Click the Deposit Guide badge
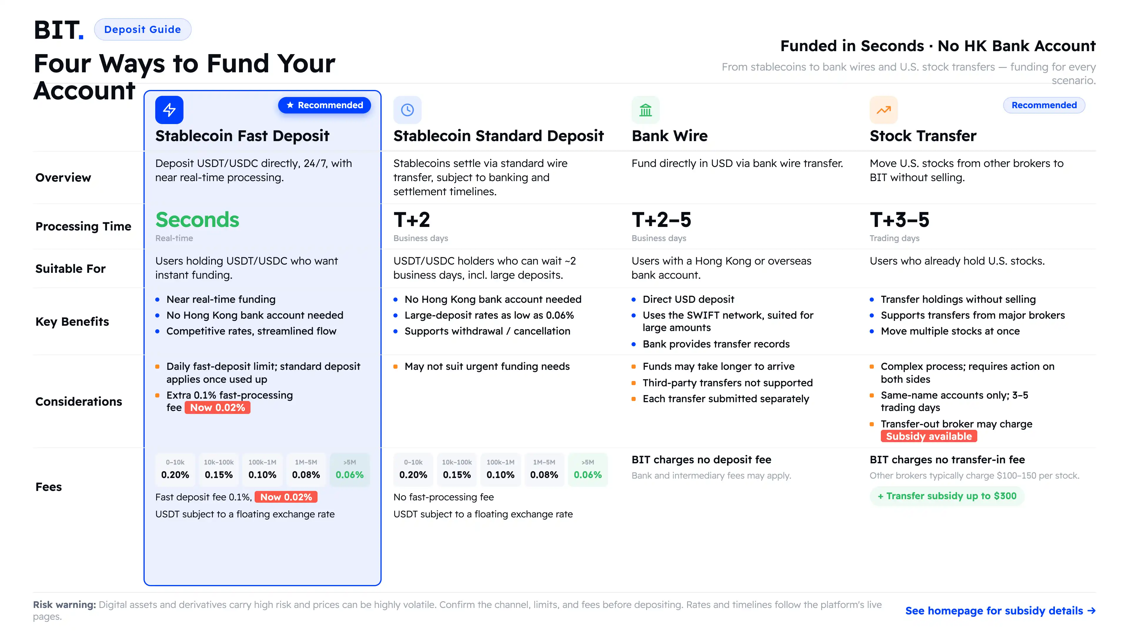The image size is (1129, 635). point(142,29)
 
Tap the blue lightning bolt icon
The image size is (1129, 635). point(169,110)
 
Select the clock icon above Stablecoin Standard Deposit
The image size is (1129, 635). point(407,110)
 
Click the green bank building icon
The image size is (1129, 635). point(646,110)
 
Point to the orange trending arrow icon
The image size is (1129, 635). point(884,110)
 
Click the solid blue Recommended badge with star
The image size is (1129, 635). point(324,105)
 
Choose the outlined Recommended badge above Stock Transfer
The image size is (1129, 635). point(1044,105)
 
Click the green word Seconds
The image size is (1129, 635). point(197,220)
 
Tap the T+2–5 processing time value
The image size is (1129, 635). point(661,220)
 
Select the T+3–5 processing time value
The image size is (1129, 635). point(899,220)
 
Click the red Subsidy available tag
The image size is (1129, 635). point(929,436)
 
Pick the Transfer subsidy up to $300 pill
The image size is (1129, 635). point(947,496)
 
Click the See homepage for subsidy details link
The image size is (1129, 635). point(1000,611)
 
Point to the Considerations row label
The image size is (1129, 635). point(79,401)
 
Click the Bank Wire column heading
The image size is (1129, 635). point(669,136)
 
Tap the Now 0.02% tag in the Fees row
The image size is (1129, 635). point(286,497)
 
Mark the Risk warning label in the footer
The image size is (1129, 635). point(64,605)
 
